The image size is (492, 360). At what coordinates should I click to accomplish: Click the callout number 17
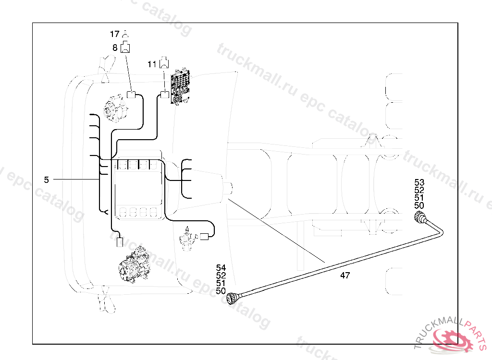click(114, 34)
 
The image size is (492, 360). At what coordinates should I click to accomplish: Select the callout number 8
click(115, 48)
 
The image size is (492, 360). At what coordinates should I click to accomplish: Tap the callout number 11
click(152, 64)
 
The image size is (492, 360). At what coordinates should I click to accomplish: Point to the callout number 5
click(46, 180)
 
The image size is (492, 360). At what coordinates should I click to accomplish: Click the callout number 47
click(344, 276)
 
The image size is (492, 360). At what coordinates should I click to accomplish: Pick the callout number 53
click(419, 182)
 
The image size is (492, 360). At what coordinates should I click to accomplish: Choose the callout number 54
click(221, 268)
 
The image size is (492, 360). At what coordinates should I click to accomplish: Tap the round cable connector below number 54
click(233, 298)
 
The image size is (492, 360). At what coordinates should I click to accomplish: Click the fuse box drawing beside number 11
click(180, 85)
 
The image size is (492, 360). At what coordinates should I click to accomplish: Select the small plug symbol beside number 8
click(126, 47)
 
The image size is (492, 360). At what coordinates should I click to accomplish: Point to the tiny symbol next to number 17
click(125, 34)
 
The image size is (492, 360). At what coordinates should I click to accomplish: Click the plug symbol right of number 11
click(164, 62)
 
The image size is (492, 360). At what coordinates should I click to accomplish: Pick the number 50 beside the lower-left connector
click(221, 291)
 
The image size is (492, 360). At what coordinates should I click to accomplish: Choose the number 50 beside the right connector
click(419, 205)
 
